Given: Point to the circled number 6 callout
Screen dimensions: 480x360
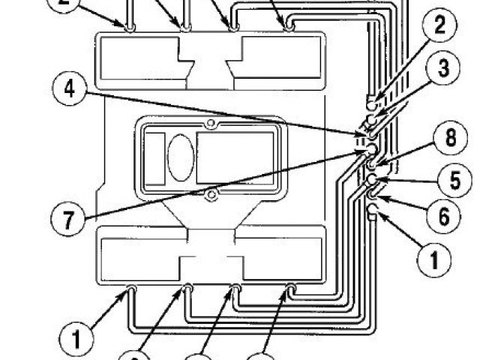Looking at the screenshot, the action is click(443, 217).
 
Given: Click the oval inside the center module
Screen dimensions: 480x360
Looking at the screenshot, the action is click(181, 156).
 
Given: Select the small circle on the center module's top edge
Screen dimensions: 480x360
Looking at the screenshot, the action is click(211, 123).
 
